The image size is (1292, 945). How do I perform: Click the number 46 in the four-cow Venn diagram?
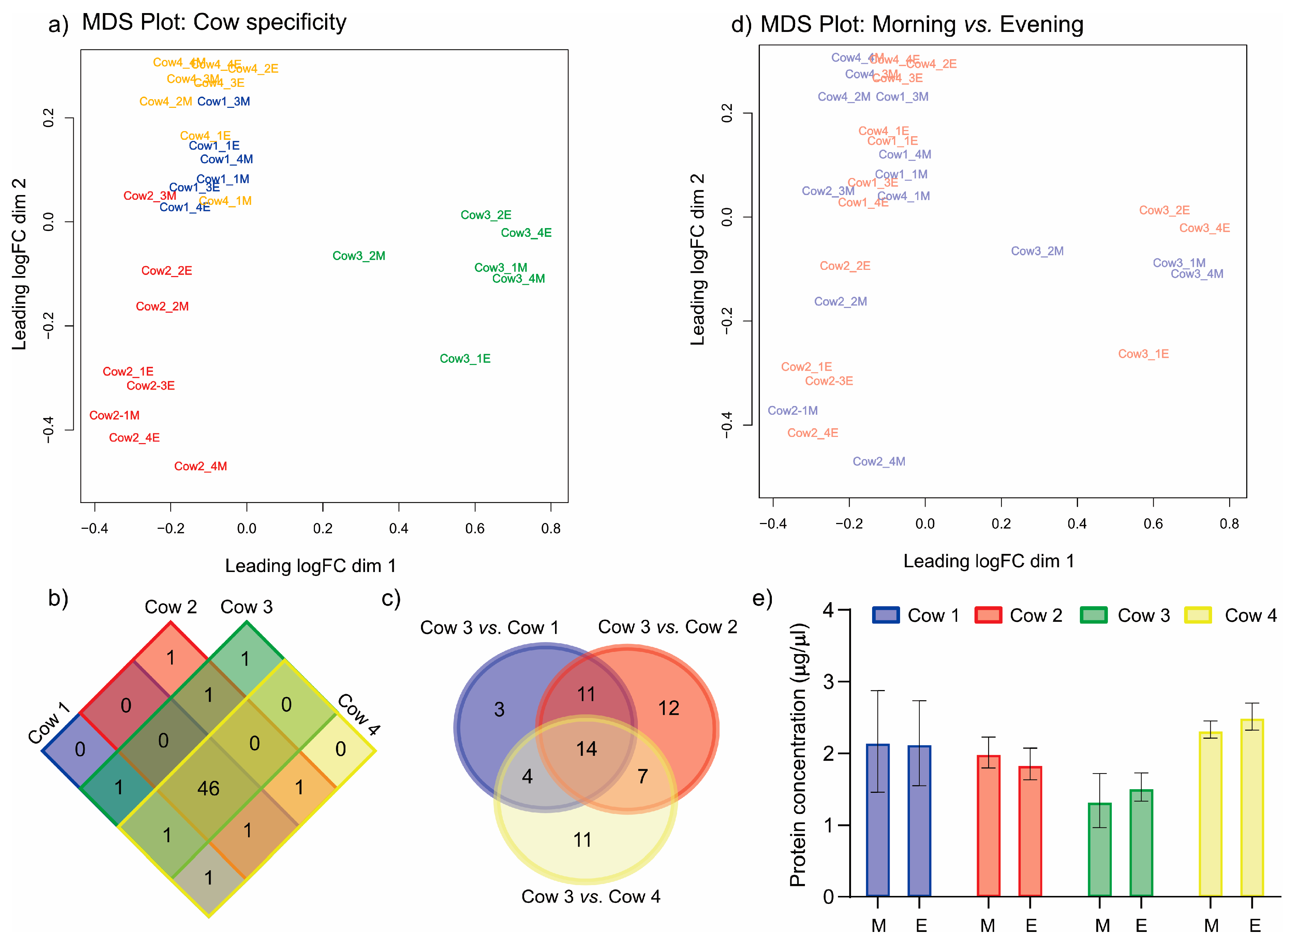[x=208, y=788]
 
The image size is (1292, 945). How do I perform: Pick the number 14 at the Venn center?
[x=586, y=749]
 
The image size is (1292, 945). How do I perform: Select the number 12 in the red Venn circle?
[x=669, y=708]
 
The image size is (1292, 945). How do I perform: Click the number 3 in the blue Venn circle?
[x=499, y=709]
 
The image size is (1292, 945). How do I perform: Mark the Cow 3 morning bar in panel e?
[x=1099, y=849]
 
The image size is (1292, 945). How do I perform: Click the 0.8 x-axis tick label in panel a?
[x=551, y=528]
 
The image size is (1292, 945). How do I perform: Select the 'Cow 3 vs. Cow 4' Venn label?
[x=591, y=896]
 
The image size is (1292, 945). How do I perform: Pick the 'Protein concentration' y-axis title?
[x=798, y=755]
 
